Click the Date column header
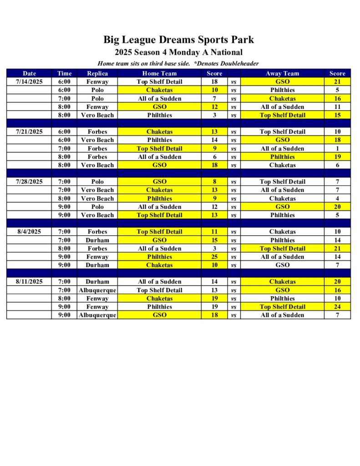tap(29, 73)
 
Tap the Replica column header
tap(97, 73)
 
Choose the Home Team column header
tap(159, 73)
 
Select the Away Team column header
tap(282, 73)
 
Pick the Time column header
tap(64, 73)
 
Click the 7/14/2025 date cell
tap(29, 82)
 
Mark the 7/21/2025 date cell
tap(29, 132)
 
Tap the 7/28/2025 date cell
tap(29, 182)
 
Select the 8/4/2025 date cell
tap(29, 232)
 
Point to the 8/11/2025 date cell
tap(29, 282)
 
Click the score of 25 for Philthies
tap(214, 257)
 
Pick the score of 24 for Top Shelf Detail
tap(337, 307)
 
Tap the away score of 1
tap(337, 148)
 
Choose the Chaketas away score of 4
tap(337, 198)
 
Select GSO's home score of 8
tap(214, 182)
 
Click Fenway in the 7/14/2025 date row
tap(97, 82)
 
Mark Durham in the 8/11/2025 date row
tap(97, 282)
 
